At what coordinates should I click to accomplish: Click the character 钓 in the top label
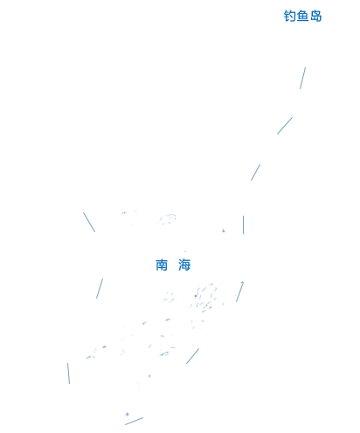[289, 16]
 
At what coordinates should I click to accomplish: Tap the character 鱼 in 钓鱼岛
[302, 16]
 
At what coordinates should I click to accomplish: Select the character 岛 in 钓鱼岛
[315, 16]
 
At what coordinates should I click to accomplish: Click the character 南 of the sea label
[162, 265]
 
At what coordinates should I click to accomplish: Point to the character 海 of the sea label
[184, 265]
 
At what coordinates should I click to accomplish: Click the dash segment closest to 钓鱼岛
[303, 78]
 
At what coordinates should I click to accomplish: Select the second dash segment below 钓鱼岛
[285, 126]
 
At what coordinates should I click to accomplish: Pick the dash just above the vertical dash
[255, 172]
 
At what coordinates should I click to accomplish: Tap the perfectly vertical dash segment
[243, 224]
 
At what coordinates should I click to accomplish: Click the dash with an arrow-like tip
[239, 292]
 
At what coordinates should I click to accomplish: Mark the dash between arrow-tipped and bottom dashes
[192, 356]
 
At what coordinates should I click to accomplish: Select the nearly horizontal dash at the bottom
[134, 421]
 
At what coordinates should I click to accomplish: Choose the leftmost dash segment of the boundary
[68, 374]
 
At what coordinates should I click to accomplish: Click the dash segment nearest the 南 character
[100, 288]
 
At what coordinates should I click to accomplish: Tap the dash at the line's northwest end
[89, 222]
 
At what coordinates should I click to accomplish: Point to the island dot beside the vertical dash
[224, 230]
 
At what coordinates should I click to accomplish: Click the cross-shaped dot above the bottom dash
[127, 414]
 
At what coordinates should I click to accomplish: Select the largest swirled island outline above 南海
[167, 219]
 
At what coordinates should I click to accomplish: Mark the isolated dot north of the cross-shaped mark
[149, 376]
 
